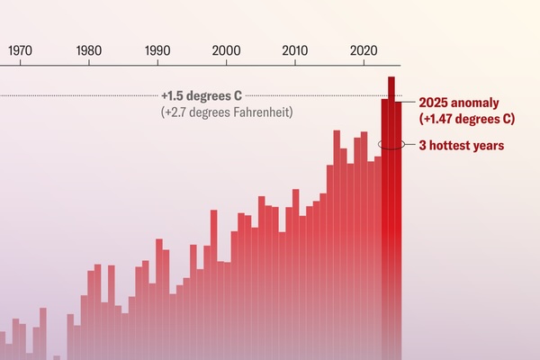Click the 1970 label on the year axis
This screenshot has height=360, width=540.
(x=20, y=50)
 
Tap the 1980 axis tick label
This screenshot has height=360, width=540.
(x=89, y=50)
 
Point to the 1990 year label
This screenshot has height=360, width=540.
(x=157, y=50)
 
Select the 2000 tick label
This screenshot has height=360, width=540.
(x=226, y=50)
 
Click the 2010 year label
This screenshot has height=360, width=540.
(x=294, y=50)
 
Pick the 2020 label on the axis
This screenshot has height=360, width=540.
(x=364, y=50)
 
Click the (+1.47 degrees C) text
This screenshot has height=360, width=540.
(x=466, y=119)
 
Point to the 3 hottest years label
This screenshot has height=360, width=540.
(x=461, y=145)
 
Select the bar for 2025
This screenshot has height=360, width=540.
(x=399, y=225)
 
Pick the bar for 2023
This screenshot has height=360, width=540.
(x=384, y=225)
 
